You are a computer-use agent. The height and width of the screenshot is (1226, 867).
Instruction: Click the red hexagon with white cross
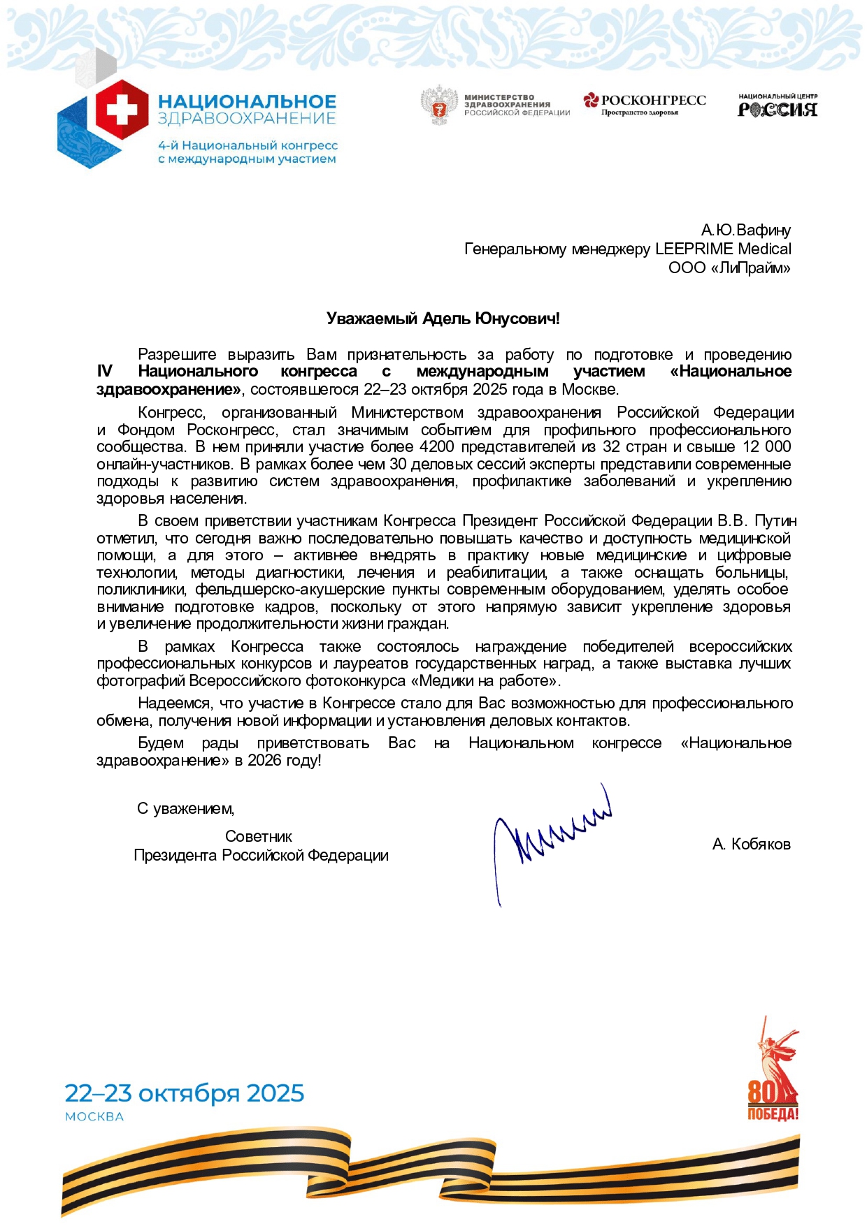click(122, 110)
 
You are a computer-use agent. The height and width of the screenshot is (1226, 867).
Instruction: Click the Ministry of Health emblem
click(439, 105)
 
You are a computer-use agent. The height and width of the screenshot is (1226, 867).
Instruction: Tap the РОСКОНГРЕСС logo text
click(653, 101)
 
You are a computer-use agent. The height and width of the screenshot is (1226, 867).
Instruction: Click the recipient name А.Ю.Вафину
click(746, 230)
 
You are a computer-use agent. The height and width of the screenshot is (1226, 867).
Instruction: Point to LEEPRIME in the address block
click(694, 249)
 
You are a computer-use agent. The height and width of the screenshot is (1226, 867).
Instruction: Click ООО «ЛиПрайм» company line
click(729, 268)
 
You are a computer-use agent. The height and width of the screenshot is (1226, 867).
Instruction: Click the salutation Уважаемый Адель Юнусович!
click(443, 319)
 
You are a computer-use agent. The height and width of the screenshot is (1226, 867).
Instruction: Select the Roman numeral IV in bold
click(104, 372)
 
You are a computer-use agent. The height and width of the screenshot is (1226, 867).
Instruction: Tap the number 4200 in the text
click(437, 447)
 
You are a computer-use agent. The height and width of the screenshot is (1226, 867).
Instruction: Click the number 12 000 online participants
click(766, 447)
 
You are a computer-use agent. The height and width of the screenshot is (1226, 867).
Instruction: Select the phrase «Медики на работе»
click(485, 680)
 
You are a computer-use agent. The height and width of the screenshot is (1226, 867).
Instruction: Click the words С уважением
click(185, 809)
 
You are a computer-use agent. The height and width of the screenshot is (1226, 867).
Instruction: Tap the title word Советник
click(258, 837)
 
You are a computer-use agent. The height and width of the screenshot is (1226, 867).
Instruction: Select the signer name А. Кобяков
click(751, 845)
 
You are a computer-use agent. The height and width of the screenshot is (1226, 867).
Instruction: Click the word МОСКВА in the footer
click(94, 1117)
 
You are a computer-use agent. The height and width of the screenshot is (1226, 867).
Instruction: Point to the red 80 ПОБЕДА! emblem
click(772, 1079)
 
